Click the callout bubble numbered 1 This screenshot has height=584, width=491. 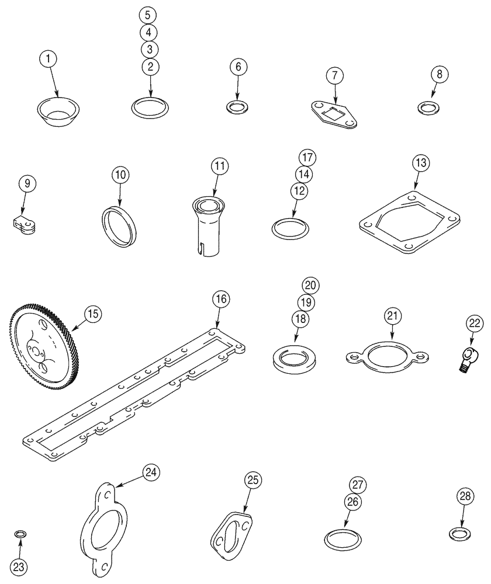[49, 59]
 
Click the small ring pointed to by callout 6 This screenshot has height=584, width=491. [237, 107]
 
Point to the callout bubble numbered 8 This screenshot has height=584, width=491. [440, 74]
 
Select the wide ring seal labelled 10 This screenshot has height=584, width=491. [120, 225]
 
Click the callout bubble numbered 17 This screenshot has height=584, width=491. [307, 158]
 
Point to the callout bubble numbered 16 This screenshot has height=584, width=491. [221, 300]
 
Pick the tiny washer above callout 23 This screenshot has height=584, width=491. [20, 534]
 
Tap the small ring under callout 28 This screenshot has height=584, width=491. [459, 533]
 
